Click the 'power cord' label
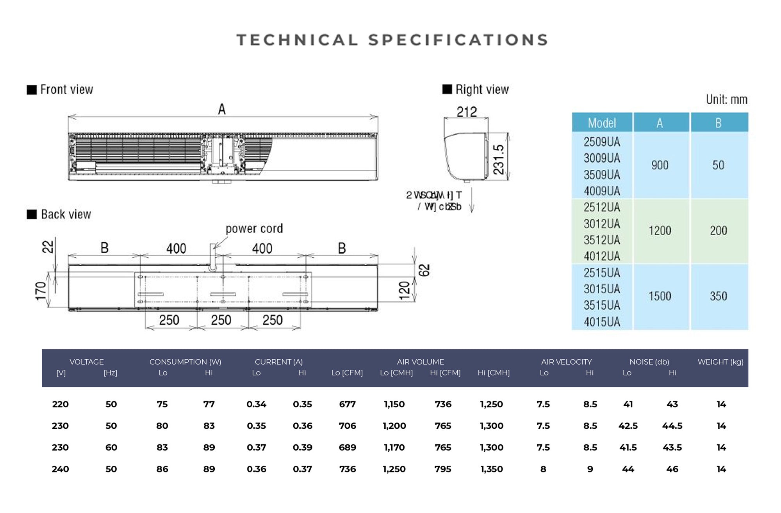pyautogui.click(x=254, y=229)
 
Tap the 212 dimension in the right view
pyautogui.click(x=467, y=112)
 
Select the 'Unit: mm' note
pyautogui.click(x=726, y=99)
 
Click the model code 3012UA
pyautogui.click(x=602, y=224)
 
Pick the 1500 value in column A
pyautogui.click(x=660, y=296)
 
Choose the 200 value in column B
pyautogui.click(x=718, y=231)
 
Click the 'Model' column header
pyautogui.click(x=602, y=123)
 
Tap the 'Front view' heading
pyautogui.click(x=66, y=90)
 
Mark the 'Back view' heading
pyautogui.click(x=66, y=215)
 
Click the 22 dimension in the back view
pyautogui.click(x=48, y=247)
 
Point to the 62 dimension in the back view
pyautogui.click(x=424, y=270)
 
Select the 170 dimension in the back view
pyautogui.click(x=41, y=291)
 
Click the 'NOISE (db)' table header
pyautogui.click(x=649, y=362)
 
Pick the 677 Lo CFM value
pyautogui.click(x=347, y=404)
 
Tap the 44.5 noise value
pyautogui.click(x=672, y=426)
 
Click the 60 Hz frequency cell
pyautogui.click(x=111, y=447)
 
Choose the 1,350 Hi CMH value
pyautogui.click(x=491, y=469)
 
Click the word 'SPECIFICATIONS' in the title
pyautogui.click(x=458, y=40)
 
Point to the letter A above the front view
pyautogui.click(x=222, y=109)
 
